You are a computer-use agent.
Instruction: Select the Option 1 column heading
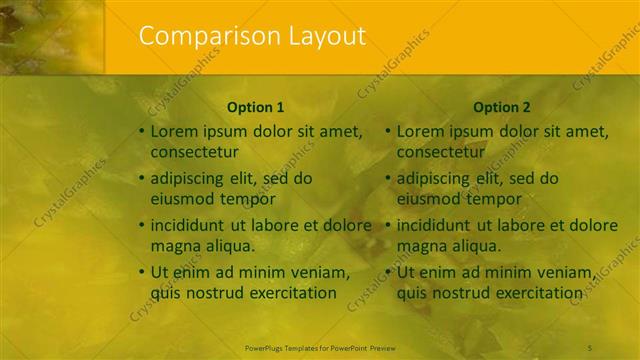tap(256, 107)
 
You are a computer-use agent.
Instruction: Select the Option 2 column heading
tap(502, 107)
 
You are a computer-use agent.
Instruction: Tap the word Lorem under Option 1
tap(172, 131)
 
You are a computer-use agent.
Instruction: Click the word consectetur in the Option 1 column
tap(194, 152)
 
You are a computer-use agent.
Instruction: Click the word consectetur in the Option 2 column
tap(440, 152)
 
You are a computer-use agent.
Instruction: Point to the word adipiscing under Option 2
tap(436, 179)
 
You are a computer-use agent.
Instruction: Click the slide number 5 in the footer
tap(619, 348)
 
